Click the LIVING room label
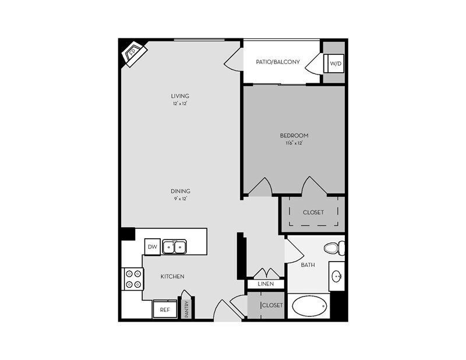[180, 96]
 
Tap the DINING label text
[181, 191]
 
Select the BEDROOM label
[294, 136]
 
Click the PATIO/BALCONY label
[278, 62]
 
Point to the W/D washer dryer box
[336, 63]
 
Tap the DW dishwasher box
[152, 247]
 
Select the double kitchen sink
[174, 247]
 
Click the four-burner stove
[133, 278]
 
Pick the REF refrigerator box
[165, 310]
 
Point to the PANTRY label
[187, 309]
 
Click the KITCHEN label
[172, 276]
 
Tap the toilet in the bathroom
[334, 248]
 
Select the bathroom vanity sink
[337, 276]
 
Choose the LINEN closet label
[266, 284]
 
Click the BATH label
[308, 265]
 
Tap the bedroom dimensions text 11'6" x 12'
[294, 143]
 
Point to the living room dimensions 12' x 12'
[180, 103]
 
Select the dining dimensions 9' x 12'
[181, 198]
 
